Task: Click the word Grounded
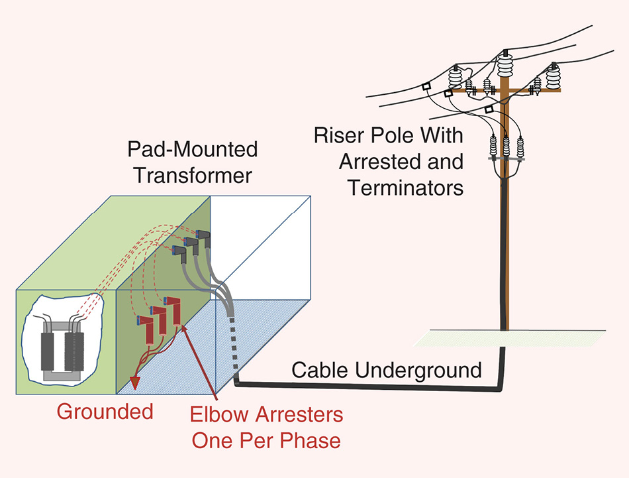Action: click(x=105, y=412)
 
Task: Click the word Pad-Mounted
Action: click(x=192, y=149)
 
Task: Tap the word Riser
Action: click(x=339, y=137)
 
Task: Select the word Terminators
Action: click(x=406, y=188)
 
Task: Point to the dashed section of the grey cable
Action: click(x=233, y=347)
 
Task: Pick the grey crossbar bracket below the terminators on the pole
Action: click(x=506, y=159)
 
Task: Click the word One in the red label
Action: click(x=214, y=440)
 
